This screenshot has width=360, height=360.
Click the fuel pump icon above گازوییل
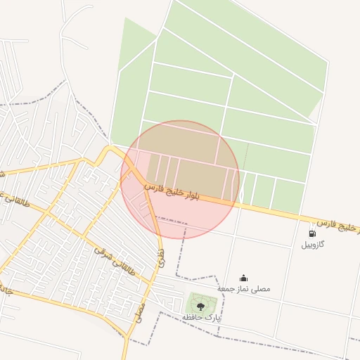(311, 233)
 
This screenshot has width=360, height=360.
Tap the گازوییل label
(313, 245)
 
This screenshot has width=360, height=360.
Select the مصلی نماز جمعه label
(243, 288)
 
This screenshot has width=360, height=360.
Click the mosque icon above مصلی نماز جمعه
(243, 278)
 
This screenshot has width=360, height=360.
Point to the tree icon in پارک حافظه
(200, 305)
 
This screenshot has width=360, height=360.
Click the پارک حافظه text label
(201, 318)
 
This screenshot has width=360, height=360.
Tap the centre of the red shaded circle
(180, 179)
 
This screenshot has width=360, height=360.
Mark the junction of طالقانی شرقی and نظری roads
(151, 282)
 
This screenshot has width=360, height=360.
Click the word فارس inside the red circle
(154, 188)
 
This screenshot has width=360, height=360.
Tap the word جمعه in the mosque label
(226, 288)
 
